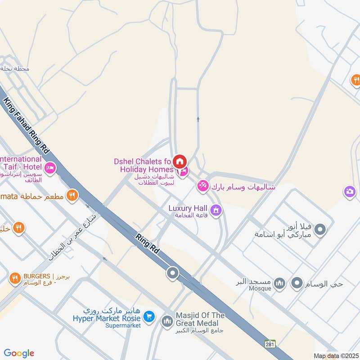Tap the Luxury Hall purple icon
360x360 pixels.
216,210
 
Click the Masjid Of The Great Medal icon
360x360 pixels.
167,321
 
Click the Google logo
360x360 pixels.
19,353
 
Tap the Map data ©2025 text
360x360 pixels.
335,355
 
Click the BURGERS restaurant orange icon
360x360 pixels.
15,279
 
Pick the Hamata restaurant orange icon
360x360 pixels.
72,195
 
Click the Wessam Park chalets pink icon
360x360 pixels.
203,185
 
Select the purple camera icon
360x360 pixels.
349,192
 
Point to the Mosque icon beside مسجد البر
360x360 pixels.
279,283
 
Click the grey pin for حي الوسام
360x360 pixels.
297,283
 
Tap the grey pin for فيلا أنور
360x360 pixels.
320,229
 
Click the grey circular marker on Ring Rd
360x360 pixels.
172,273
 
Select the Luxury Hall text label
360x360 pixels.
188,208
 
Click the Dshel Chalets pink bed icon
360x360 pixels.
183,171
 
